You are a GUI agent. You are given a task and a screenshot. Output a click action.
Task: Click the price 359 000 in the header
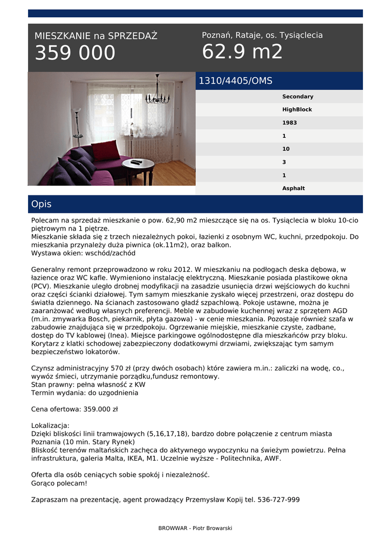pos(75,53)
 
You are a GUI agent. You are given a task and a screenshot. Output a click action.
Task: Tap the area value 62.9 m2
pos(242,52)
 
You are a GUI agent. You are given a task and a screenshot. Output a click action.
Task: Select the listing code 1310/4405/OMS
pos(236,81)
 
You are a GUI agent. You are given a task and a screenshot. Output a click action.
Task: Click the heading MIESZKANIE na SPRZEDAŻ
pos(96,36)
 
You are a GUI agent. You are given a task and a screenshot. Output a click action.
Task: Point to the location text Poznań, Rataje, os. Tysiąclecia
pos(262,35)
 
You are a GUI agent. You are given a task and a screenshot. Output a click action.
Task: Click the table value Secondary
pos(297,97)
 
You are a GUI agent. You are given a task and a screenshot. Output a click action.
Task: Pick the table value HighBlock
pos(297,110)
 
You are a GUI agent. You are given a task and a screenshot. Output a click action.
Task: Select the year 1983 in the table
pos(289,123)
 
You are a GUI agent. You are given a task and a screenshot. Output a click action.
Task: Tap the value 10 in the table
pos(286,149)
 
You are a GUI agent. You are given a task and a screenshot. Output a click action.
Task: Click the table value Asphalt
pos(293,188)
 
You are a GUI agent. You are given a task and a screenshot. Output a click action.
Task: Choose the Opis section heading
pos(42,204)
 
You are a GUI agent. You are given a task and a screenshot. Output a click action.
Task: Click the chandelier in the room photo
pos(157,94)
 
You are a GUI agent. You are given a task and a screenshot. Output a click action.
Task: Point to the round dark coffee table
pos(138,166)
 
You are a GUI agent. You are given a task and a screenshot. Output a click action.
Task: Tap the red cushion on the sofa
pos(106,150)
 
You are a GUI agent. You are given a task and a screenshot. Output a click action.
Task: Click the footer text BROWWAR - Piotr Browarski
pos(195,528)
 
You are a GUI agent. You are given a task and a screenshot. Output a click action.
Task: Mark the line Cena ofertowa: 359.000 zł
pos(74,409)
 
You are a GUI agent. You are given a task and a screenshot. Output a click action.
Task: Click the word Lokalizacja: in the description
pos(50,426)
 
